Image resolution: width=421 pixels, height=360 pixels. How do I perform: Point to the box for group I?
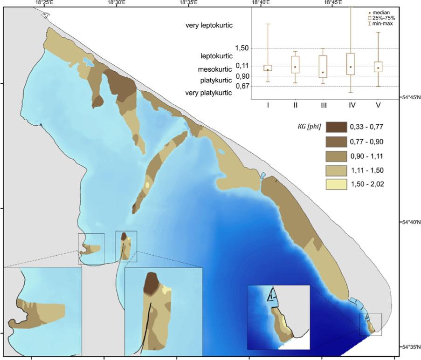point(268,68)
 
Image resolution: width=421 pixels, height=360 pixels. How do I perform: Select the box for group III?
point(323,67)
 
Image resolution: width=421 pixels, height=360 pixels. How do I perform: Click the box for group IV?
point(351,64)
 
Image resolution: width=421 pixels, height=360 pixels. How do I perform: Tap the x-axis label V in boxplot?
point(378,105)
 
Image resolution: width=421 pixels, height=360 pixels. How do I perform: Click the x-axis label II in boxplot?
point(296,105)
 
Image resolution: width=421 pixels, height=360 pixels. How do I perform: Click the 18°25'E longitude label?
point(43,3)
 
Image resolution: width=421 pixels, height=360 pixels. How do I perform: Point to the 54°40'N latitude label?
point(411,223)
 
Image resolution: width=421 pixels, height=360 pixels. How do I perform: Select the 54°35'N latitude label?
point(411,347)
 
